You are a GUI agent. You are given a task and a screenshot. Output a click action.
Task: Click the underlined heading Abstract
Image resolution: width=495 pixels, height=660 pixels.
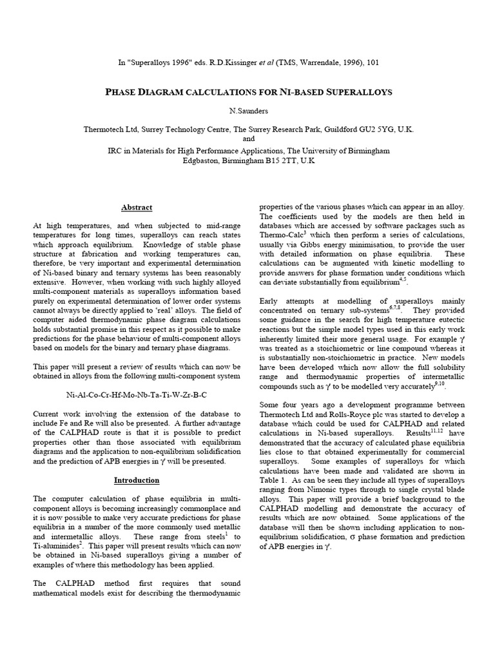click(137, 208)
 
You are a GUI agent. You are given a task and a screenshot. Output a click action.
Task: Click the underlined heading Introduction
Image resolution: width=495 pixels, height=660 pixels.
click(137, 480)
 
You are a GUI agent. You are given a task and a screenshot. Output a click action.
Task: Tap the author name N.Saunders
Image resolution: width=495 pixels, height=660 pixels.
click(248, 111)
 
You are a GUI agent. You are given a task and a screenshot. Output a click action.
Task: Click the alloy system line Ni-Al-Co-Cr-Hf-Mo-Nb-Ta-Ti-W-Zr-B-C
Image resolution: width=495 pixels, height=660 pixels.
click(137, 393)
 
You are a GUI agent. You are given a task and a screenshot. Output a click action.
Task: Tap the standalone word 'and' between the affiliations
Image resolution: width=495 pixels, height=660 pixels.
click(248, 139)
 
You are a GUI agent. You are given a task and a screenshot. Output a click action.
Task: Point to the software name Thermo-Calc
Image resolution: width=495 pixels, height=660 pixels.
click(282, 235)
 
